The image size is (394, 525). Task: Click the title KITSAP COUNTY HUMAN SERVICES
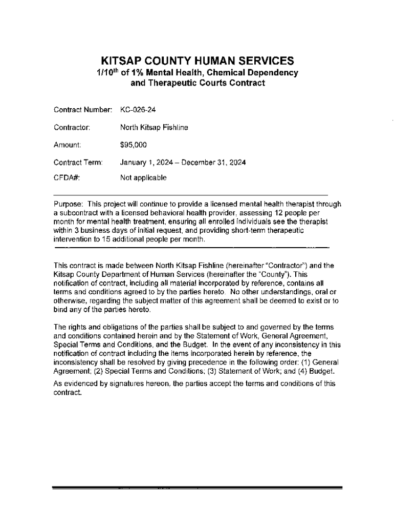coord(197,60)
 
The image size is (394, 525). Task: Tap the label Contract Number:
coord(83,109)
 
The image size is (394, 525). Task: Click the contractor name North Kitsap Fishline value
coord(154,127)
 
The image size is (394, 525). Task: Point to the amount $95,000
coord(133,145)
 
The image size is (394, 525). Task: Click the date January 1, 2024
coord(146,163)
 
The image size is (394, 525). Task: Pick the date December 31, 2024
coord(217,163)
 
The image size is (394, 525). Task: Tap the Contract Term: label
coord(79,163)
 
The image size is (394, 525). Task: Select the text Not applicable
coord(143,178)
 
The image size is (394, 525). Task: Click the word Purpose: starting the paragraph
coord(69,204)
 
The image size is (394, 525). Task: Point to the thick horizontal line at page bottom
coord(197,487)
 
